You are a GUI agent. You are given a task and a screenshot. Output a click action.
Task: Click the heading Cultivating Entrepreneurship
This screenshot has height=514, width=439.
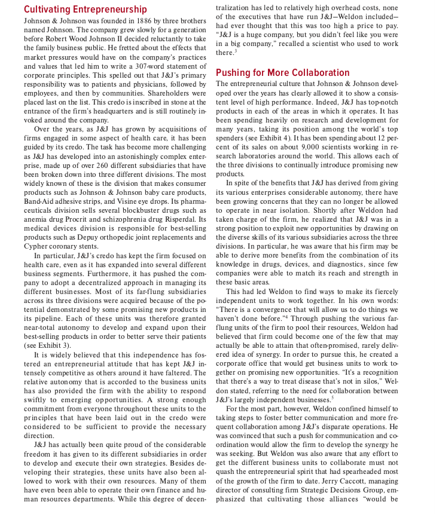tap(86, 10)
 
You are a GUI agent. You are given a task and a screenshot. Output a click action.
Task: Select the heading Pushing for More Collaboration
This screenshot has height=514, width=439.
tap(282, 73)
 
